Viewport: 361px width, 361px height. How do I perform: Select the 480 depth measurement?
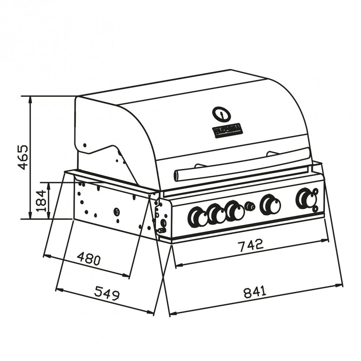89,259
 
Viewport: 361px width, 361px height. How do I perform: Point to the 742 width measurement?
251,245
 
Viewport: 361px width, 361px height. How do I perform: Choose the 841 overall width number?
255,292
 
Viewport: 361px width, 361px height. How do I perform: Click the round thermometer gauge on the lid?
222,114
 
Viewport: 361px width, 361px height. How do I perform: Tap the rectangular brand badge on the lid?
228,130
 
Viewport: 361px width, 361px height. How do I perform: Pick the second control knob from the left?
217,214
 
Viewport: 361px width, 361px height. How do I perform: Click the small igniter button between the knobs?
250,206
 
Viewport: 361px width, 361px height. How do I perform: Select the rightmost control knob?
307,199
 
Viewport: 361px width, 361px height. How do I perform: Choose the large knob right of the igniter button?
270,205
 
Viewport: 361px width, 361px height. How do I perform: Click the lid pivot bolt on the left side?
84,145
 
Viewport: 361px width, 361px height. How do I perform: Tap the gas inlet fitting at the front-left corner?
162,230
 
